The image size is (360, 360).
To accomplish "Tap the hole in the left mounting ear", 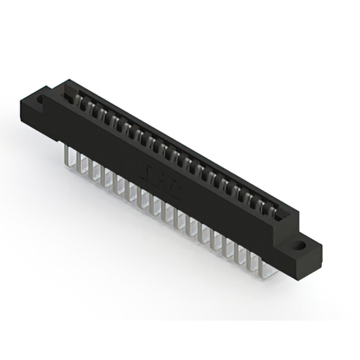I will (40, 101).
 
